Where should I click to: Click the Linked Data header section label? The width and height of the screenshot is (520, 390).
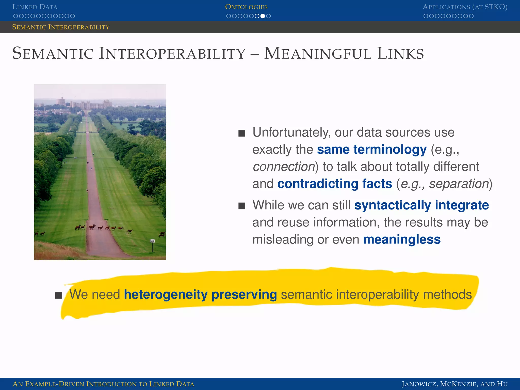coord(35,7)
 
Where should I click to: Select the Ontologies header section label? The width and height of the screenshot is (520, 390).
coord(246,7)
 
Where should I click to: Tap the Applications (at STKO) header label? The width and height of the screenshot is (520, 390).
coord(465,7)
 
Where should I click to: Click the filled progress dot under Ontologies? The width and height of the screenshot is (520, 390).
coord(263,16)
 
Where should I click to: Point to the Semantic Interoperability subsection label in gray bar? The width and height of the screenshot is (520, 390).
coord(61,27)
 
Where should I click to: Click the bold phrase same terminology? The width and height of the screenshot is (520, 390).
coord(372,149)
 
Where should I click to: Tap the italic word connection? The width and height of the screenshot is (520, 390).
coord(284,167)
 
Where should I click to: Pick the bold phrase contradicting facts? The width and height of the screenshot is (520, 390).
coord(335,184)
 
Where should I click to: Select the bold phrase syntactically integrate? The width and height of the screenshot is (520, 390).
coord(421,205)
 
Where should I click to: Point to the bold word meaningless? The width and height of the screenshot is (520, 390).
coord(402,239)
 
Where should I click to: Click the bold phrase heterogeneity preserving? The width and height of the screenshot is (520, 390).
coord(200,295)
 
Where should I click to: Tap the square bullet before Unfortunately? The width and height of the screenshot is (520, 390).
coord(242,133)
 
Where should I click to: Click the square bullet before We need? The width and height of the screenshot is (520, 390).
coord(59,295)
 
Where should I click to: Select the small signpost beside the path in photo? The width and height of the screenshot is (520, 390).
coord(153,244)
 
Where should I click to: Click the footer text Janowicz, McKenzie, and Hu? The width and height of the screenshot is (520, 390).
coord(454,384)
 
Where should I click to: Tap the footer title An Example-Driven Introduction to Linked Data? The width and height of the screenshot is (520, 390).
coord(103,384)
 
